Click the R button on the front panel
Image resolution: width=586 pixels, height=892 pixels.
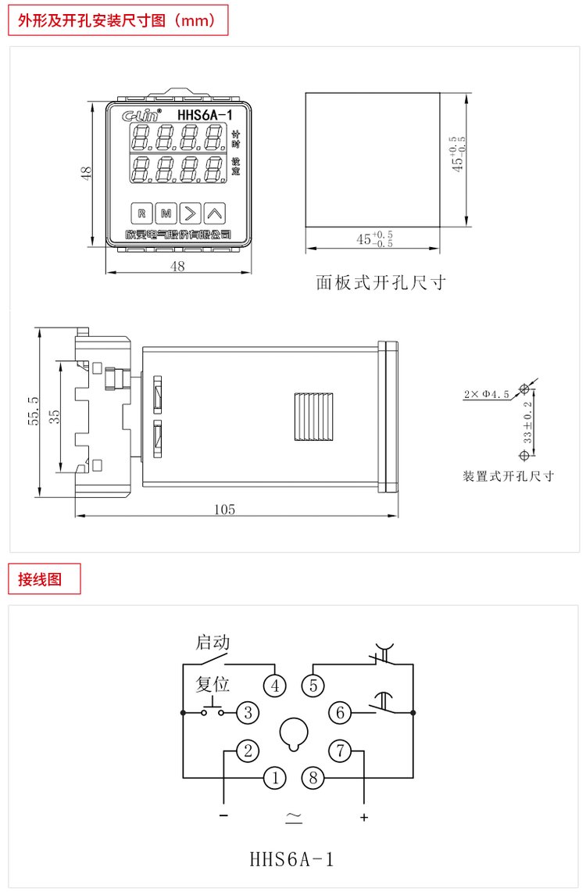click(x=141, y=212)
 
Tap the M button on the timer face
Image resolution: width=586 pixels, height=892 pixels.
click(x=166, y=212)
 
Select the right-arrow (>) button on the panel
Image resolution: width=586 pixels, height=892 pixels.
click(x=190, y=212)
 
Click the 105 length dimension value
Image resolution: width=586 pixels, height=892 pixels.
click(x=225, y=510)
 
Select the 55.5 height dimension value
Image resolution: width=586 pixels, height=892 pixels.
click(x=33, y=410)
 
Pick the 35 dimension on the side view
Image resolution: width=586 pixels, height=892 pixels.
click(x=54, y=415)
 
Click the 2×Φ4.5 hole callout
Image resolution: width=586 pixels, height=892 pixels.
click(x=485, y=395)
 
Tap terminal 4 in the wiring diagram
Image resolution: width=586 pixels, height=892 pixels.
click(x=274, y=686)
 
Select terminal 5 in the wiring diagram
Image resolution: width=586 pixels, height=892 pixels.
click(x=313, y=686)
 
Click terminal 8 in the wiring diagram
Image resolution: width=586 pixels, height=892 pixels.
click(x=313, y=778)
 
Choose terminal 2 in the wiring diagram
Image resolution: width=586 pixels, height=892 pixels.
click(x=248, y=751)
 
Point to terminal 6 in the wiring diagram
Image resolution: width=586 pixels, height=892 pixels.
click(x=340, y=712)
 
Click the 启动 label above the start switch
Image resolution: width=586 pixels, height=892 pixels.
click(x=213, y=643)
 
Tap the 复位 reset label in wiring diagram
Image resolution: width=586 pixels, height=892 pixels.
click(x=213, y=684)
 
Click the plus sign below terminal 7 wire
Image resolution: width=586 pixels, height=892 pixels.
click(x=363, y=817)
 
